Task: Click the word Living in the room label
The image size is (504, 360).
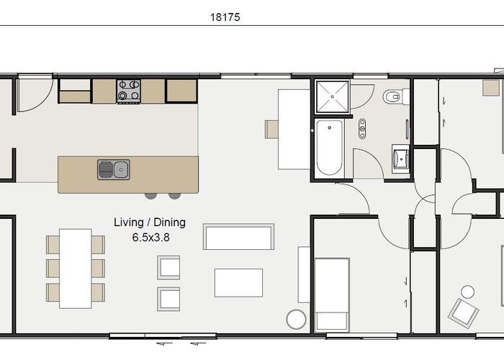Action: click(x=129, y=222)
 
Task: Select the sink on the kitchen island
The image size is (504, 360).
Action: click(x=114, y=170)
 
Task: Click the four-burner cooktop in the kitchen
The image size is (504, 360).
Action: click(x=129, y=90)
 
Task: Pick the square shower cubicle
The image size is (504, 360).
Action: click(x=330, y=97)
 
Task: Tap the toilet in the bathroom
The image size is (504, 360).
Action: click(x=395, y=96)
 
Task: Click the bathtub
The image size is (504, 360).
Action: click(x=330, y=148)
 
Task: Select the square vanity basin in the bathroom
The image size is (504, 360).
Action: click(x=401, y=157)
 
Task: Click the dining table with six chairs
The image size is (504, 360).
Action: click(x=75, y=268)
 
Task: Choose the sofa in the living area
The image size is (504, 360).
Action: click(x=238, y=237)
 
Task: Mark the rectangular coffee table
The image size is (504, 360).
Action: click(x=238, y=282)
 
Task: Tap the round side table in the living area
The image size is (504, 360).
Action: click(x=296, y=319)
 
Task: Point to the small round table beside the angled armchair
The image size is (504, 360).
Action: click(x=468, y=292)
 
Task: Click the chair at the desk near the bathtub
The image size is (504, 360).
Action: click(x=271, y=129)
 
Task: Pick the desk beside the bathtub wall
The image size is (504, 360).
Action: click(x=294, y=129)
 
